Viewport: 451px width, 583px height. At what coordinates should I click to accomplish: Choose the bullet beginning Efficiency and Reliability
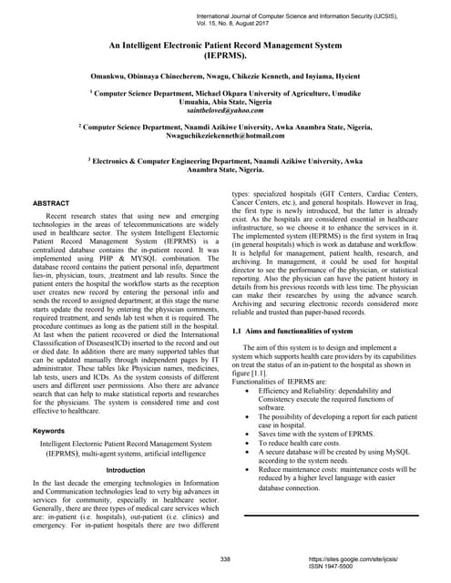pos(323,392)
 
